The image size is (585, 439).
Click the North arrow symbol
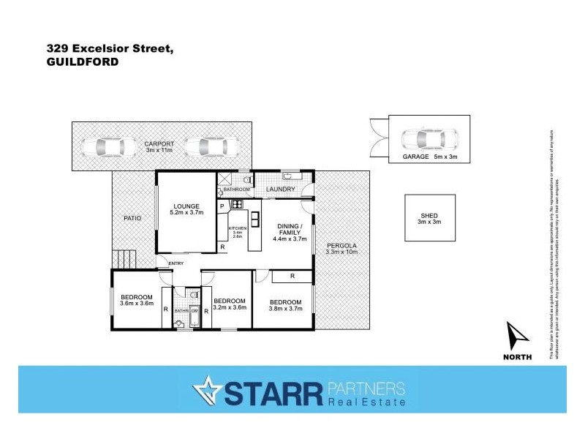pos(518,336)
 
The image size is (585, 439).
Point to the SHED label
pos(430,214)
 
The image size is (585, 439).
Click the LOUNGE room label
pos(186,206)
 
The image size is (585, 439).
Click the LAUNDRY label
pos(281,190)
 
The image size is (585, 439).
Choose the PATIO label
pos(132,218)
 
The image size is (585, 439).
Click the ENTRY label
pos(176,263)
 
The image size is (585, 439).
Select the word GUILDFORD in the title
pos(82,63)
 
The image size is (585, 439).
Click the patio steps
pos(124,259)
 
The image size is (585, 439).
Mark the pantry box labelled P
pos(222,206)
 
